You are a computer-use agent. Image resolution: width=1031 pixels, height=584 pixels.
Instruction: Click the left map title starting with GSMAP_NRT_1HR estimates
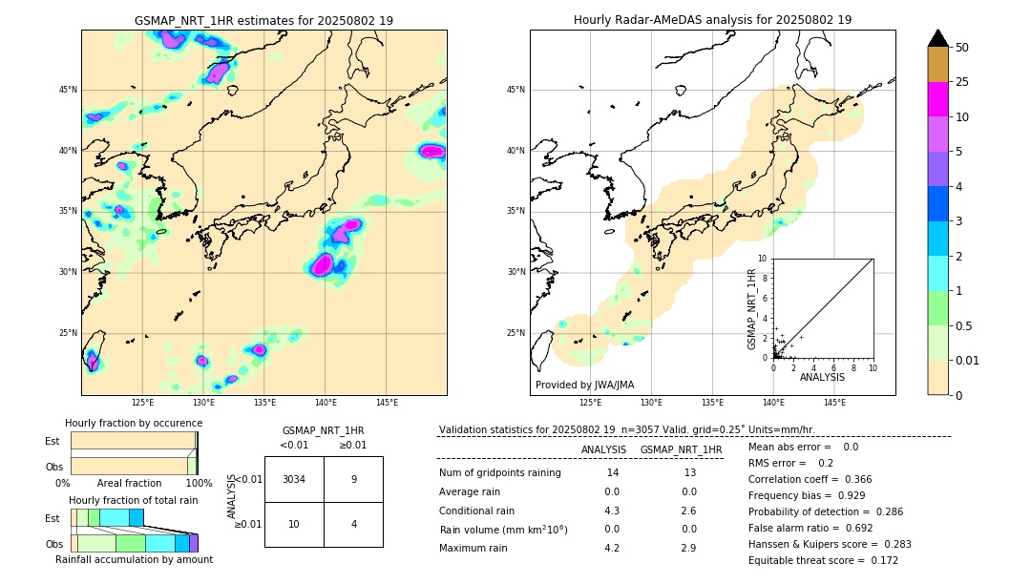click(263, 20)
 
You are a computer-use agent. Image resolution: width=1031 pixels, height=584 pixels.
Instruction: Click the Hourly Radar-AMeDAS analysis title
click(712, 20)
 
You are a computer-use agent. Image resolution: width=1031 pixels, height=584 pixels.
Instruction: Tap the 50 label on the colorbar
click(962, 47)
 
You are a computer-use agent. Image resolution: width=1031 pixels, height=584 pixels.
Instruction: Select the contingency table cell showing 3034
click(294, 479)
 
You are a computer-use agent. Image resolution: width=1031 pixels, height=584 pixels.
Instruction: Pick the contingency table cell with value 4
click(353, 524)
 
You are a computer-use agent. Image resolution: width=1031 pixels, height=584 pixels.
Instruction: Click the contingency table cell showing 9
click(353, 479)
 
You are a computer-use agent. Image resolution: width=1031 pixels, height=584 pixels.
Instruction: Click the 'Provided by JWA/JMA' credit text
click(584, 385)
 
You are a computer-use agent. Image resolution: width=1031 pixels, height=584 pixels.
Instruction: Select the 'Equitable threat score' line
click(823, 560)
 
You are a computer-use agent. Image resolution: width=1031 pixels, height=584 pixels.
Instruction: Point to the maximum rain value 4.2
click(612, 548)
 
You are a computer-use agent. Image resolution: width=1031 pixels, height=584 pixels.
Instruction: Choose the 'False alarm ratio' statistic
click(821, 528)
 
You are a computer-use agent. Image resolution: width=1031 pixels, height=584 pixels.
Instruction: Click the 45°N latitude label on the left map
click(68, 90)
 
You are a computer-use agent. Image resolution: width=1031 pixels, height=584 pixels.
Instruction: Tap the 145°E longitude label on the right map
click(834, 403)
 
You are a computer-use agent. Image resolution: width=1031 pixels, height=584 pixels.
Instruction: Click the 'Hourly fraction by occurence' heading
click(134, 423)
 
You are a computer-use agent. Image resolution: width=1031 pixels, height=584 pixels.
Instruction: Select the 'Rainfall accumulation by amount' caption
click(134, 559)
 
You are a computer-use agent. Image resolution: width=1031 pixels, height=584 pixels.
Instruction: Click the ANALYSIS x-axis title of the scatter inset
click(823, 377)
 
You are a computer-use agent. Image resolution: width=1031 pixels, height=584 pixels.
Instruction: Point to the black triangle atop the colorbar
click(938, 38)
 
